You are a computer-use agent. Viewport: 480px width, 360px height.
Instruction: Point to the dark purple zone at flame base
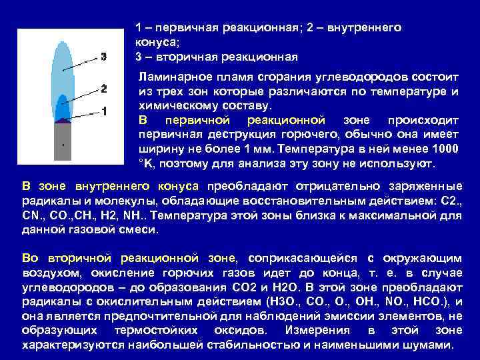point(63,120)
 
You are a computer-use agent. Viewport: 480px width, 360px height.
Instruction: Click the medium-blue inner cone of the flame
point(62,107)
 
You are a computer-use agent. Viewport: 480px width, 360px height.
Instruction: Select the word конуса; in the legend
point(153,42)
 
